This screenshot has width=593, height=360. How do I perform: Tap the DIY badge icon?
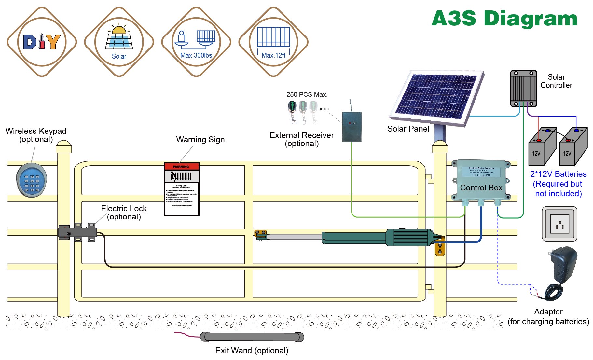click(42, 42)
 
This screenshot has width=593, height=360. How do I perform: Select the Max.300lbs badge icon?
click(196, 42)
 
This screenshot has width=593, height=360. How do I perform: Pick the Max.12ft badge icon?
click(273, 42)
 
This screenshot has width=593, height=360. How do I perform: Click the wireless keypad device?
click(31, 180)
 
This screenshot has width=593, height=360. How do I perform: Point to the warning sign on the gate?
click(181, 189)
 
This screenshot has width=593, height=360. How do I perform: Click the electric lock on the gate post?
click(77, 232)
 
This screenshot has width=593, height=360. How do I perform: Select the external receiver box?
click(352, 127)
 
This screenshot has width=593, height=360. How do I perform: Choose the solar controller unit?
click(523, 88)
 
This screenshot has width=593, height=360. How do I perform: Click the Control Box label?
click(481, 188)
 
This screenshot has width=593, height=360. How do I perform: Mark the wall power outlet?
click(559, 224)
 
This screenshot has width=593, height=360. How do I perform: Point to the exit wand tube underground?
click(252, 337)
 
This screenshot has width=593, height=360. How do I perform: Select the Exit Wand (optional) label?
click(252, 351)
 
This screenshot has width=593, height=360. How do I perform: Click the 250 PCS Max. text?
click(307, 94)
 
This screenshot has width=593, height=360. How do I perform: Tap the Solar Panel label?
click(408, 129)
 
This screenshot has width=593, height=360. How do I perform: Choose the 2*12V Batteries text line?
click(558, 174)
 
